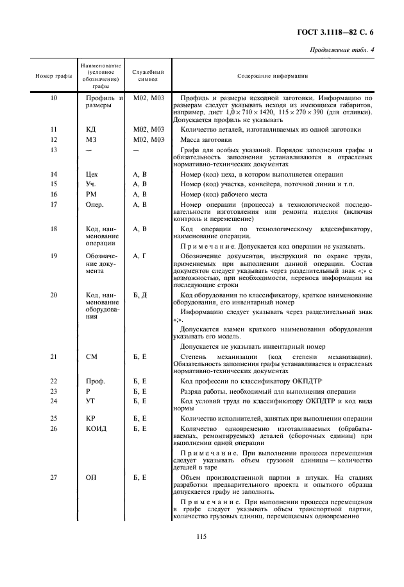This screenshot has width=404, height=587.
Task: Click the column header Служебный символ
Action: click(148, 75)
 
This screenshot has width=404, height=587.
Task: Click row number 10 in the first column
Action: click(53, 98)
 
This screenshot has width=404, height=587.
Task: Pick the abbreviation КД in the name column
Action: click(90, 129)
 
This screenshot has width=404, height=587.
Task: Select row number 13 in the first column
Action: click(53, 150)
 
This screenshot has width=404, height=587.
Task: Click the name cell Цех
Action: click(92, 174)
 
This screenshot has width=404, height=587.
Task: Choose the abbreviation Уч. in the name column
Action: click(91, 184)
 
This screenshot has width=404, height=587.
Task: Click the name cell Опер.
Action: click(94, 205)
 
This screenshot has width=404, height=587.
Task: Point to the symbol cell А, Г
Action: click(140, 256)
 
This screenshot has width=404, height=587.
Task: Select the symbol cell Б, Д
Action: click(140, 295)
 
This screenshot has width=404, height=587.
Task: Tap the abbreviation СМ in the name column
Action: click(91, 356)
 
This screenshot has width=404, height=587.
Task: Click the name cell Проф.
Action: click(95, 381)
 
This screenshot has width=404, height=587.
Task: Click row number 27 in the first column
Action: click(53, 477)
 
